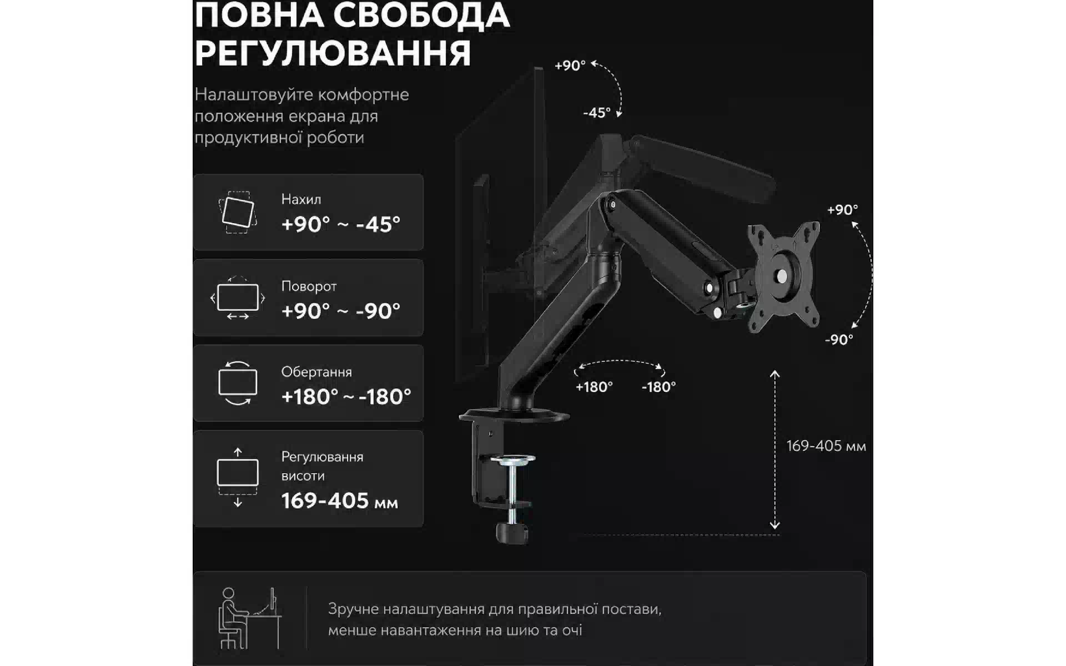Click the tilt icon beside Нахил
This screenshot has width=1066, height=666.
click(238, 212)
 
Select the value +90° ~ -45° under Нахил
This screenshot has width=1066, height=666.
click(340, 224)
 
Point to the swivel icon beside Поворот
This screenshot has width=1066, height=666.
click(238, 298)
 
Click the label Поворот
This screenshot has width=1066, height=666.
click(309, 286)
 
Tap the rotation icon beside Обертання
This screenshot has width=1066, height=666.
click(238, 383)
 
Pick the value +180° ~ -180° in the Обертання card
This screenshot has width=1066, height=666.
click(346, 397)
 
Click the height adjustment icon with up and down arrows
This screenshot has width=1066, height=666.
click(238, 477)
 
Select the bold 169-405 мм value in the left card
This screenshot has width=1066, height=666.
click(339, 501)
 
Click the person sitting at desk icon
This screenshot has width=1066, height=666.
click(250, 618)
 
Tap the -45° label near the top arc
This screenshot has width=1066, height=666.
click(597, 113)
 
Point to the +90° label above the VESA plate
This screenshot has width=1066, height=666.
click(842, 210)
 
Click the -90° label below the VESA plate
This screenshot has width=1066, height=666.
click(839, 340)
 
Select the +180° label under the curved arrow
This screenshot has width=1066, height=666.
click(594, 387)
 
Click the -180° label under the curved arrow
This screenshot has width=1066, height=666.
click(659, 387)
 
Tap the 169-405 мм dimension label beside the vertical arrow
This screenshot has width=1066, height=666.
click(826, 446)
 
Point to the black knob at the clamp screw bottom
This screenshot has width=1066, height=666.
click(512, 534)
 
